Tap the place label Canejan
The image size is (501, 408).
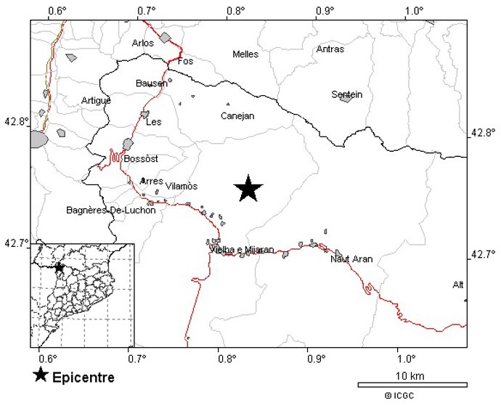click(x=237, y=115)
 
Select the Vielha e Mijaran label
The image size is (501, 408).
click(x=242, y=250)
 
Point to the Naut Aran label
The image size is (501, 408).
click(x=351, y=259)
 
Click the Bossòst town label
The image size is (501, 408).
click(x=141, y=159)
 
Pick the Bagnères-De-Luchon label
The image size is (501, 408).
click(x=111, y=211)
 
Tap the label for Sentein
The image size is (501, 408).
click(x=346, y=94)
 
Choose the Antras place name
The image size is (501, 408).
click(x=330, y=49)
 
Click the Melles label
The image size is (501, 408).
click(x=245, y=54)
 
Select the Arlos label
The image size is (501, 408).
click(x=143, y=44)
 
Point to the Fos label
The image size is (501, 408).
click(x=186, y=61)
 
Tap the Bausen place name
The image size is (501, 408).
click(x=151, y=83)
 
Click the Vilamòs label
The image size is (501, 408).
click(x=182, y=187)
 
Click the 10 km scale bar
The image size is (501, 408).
click(x=412, y=384)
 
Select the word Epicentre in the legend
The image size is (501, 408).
click(x=83, y=378)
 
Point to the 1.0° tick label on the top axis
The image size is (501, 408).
click(x=414, y=11)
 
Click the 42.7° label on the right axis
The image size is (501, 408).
click(x=483, y=254)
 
